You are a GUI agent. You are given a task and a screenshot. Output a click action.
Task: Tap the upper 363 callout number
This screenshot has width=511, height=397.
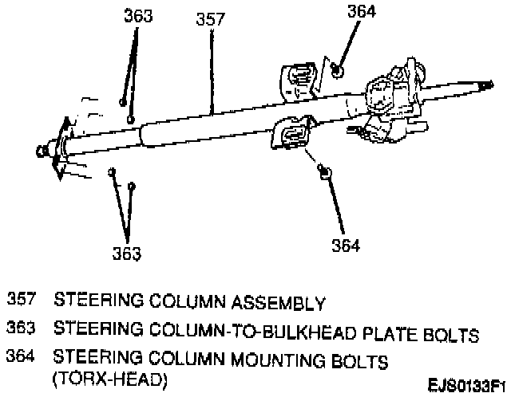(137, 17)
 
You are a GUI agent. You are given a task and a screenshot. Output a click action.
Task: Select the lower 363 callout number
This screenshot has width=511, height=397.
(126, 254)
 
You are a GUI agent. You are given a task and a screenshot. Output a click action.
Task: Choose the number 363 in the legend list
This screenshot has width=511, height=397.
(22, 328)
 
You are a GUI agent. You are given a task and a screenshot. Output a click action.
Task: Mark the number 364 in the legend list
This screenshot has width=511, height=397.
(22, 360)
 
